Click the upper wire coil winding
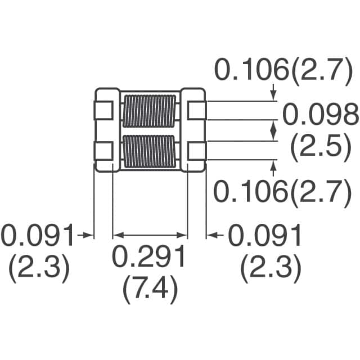[x=149, y=110]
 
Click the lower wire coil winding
[x=149, y=151]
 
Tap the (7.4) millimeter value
[x=150, y=290]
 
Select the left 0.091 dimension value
[x=38, y=236]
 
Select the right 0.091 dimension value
[x=265, y=236]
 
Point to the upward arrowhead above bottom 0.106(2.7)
[x=274, y=165]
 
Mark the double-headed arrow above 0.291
[x=150, y=235]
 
